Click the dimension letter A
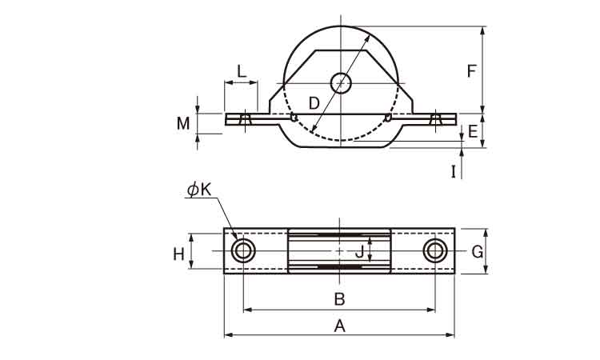(339, 326)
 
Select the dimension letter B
(339, 299)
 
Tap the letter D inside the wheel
(314, 102)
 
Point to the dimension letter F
(472, 70)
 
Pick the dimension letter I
(454, 170)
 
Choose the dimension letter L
(241, 70)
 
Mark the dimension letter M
(184, 122)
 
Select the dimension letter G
(477, 252)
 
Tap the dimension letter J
(359, 252)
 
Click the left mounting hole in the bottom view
(243, 251)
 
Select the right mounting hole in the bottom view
(434, 251)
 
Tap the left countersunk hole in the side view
(245, 119)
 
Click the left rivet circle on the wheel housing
(294, 118)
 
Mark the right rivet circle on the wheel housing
(388, 118)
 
